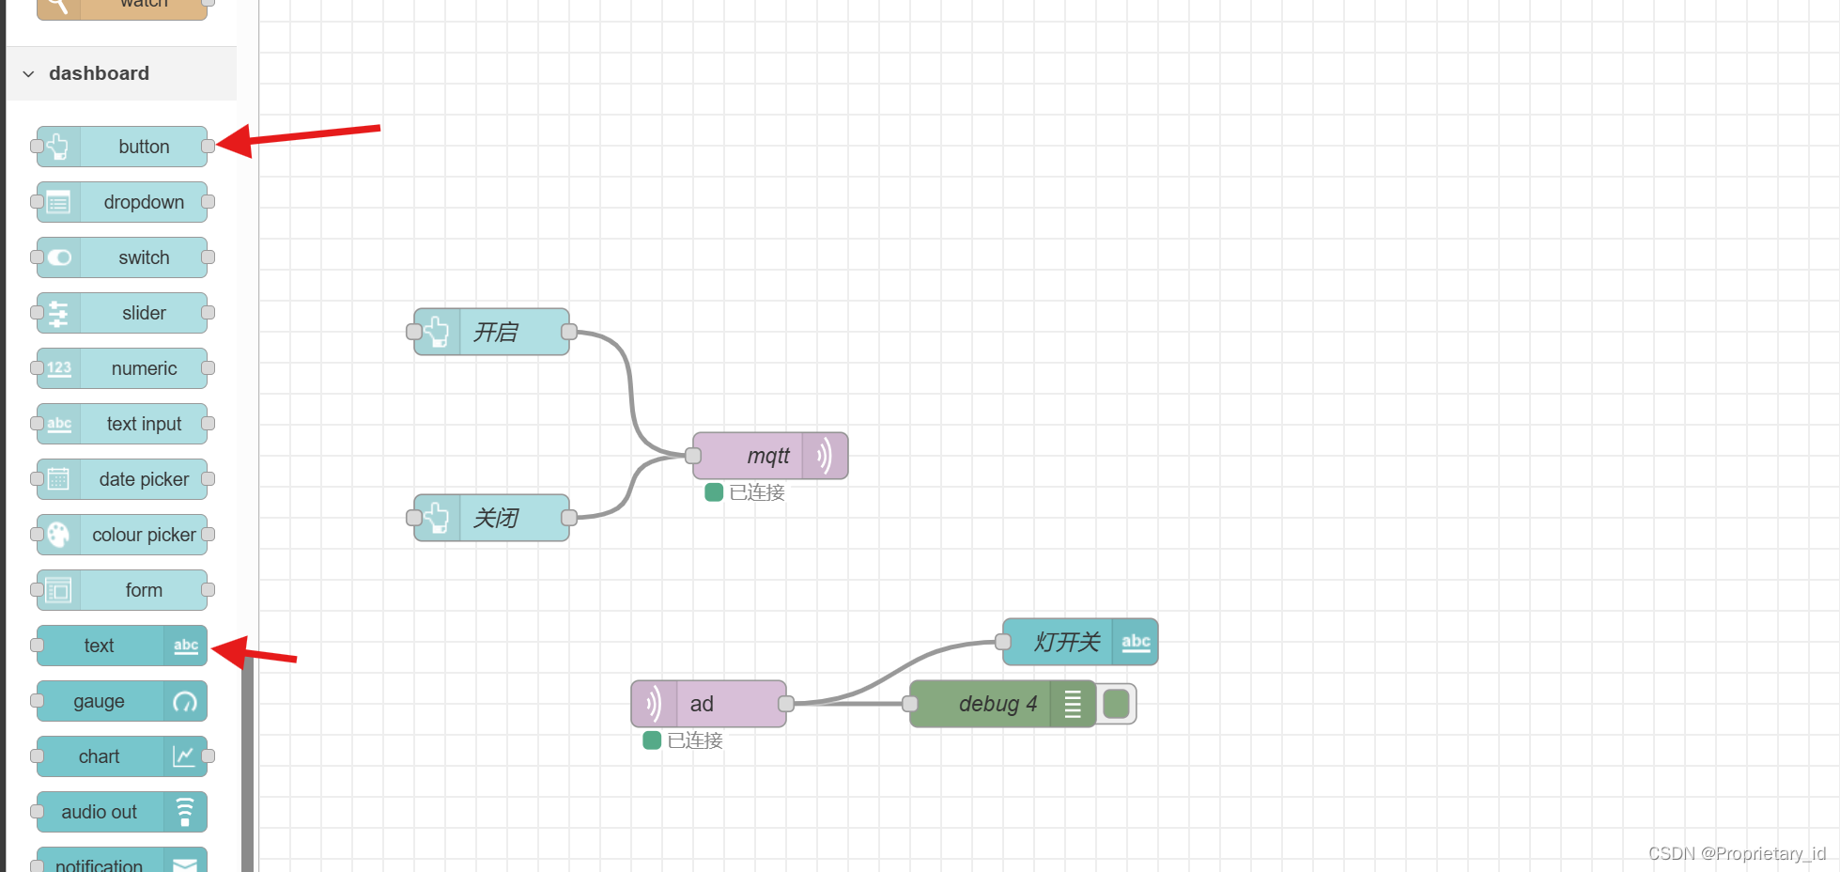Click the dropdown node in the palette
(143, 202)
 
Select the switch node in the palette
(143, 257)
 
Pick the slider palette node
(143, 313)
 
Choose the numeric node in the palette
(143, 368)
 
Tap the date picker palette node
(143, 479)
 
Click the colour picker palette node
(143, 535)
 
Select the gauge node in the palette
(100, 701)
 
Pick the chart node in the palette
(100, 756)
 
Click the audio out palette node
(100, 812)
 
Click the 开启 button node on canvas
(495, 332)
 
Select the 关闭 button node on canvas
(495, 518)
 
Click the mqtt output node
(768, 456)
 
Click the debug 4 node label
(997, 704)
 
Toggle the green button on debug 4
(1116, 704)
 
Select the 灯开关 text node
(1066, 642)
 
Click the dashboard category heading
(99, 73)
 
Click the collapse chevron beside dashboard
(29, 73)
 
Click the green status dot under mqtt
(714, 492)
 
